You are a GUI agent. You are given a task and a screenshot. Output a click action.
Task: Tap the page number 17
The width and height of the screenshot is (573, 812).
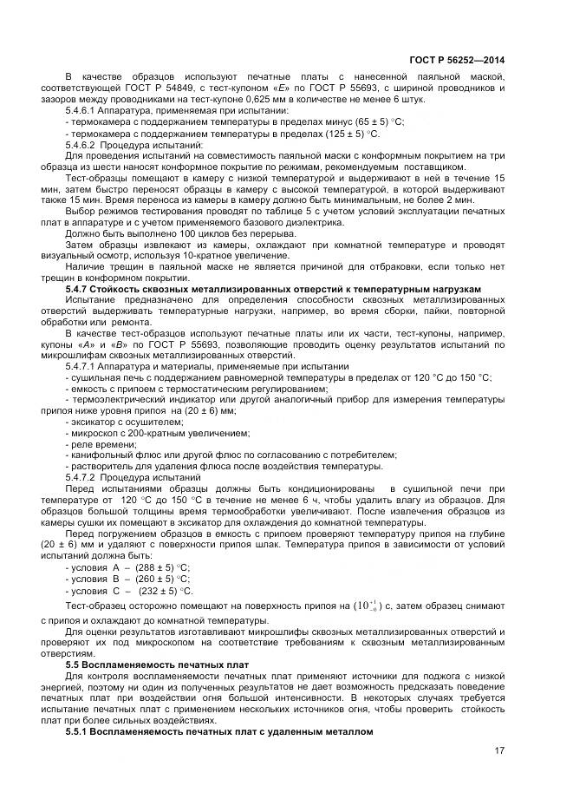(499, 750)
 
